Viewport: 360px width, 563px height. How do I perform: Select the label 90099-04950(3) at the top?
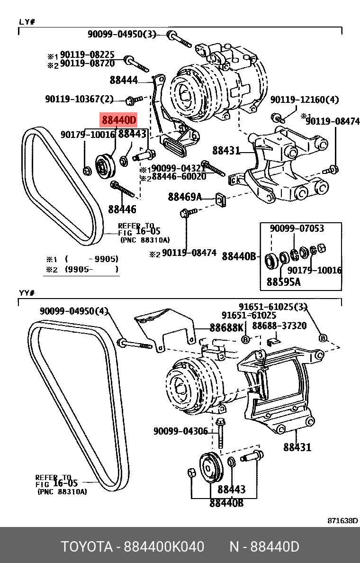tap(122, 34)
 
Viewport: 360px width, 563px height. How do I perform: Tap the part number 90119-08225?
tap(87, 55)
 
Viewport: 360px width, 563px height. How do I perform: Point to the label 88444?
tap(124, 81)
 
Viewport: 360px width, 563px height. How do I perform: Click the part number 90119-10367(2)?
tap(80, 100)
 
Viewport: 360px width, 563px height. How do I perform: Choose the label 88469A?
tap(185, 197)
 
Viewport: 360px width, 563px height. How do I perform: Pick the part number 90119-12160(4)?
tap(305, 100)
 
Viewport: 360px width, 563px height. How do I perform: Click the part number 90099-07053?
tap(297, 228)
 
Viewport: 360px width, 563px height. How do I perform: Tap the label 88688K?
tap(226, 328)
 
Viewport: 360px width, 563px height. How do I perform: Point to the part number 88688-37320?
tap(279, 326)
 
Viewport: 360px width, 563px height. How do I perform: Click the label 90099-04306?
tap(180, 431)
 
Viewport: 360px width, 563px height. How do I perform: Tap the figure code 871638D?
tap(342, 520)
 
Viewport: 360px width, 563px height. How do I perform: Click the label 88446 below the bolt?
tap(122, 209)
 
